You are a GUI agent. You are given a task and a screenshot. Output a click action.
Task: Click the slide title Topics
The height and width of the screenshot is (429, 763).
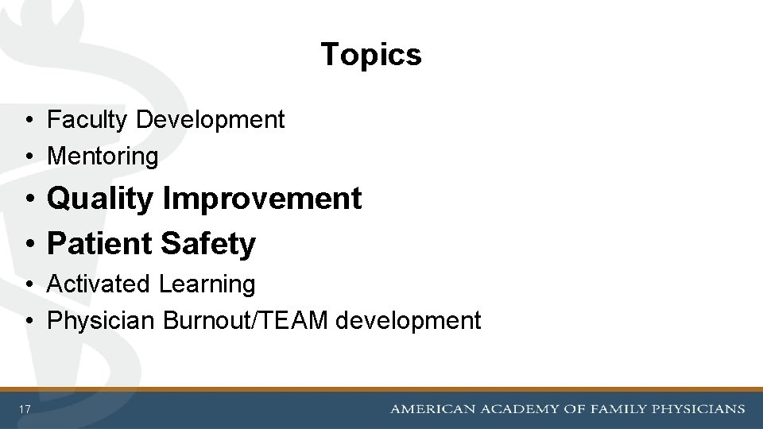371,55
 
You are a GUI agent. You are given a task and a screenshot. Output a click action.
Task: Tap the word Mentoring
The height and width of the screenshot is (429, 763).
103,157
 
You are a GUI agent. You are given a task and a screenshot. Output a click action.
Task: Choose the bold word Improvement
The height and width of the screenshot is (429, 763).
261,199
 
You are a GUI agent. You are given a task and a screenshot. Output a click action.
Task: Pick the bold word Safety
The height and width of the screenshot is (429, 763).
207,244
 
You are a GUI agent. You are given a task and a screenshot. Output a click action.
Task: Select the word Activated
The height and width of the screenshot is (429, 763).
99,284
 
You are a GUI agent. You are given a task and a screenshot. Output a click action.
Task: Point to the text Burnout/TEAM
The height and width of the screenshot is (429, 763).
246,321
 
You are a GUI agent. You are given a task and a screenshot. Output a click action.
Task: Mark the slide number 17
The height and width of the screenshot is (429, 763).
25,409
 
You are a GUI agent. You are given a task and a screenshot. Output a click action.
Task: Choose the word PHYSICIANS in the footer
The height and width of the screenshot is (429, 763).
699,409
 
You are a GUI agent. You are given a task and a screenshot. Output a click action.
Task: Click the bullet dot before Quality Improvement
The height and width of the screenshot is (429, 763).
28,199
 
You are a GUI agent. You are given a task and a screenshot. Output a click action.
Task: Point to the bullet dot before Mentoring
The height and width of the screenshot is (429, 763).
28,157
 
